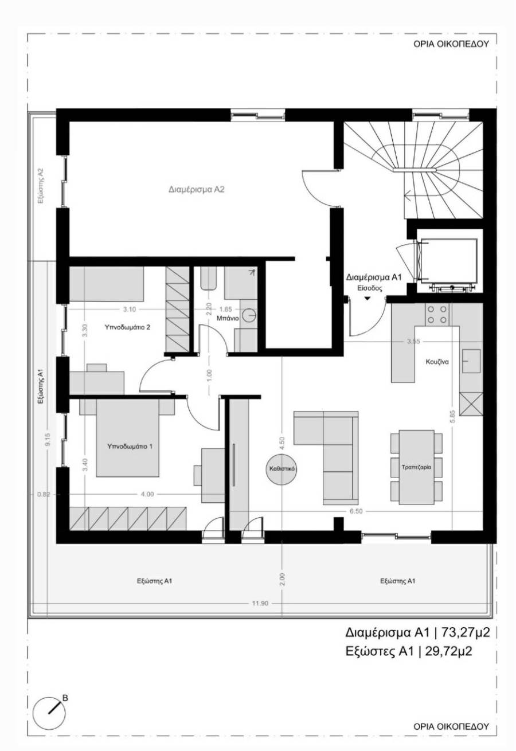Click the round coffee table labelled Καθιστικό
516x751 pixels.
282,469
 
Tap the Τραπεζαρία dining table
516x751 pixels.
416,467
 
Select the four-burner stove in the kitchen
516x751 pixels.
437,315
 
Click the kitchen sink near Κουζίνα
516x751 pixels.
471,361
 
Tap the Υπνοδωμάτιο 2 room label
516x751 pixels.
127,327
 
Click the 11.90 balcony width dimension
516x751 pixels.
260,603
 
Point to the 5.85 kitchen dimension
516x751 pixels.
452,416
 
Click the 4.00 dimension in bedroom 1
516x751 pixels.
147,494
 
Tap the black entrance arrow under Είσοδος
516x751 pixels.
368,298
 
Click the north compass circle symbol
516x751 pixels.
49,713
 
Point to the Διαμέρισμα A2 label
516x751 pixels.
197,189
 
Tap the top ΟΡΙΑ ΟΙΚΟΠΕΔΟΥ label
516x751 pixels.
451,44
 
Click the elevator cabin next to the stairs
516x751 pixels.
448,260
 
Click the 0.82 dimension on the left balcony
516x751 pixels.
44,494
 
